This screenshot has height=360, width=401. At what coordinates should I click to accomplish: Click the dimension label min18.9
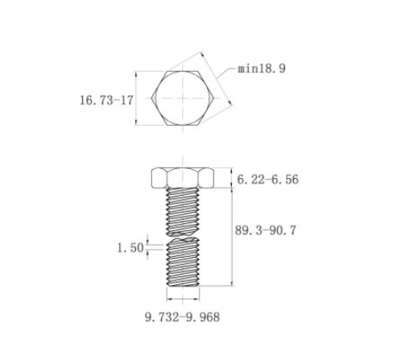(262, 68)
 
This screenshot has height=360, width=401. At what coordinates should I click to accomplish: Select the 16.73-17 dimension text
(106, 100)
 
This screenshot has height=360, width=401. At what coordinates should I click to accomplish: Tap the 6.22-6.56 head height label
(268, 180)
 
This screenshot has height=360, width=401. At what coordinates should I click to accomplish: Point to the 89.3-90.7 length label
(266, 230)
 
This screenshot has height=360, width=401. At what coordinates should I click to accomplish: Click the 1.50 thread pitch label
(130, 247)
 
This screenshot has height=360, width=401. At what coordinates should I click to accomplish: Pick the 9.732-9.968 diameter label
(183, 317)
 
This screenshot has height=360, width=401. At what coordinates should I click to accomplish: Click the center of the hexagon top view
(183, 98)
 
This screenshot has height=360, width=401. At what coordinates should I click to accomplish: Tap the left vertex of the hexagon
(151, 98)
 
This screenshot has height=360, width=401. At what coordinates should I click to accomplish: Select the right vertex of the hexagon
(213, 98)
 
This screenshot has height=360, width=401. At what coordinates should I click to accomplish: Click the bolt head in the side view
(183, 178)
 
